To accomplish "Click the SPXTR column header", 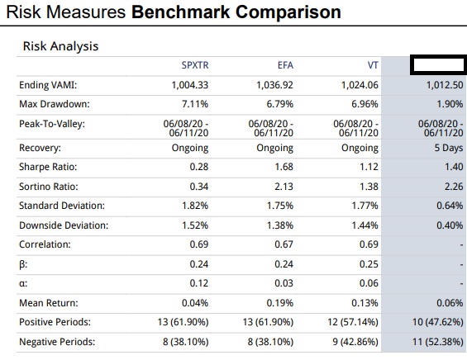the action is (195, 65).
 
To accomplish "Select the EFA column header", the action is (285, 65).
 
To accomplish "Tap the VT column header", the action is (373, 65).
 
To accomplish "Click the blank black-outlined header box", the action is (438, 56).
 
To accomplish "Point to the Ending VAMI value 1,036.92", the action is (275, 85).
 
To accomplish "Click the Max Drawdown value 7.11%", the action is (195, 104).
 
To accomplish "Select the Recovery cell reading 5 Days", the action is (449, 148).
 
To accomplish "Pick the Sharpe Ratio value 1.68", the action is (284, 167).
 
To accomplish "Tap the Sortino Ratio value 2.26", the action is (454, 187).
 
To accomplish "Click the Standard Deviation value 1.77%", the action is (365, 206).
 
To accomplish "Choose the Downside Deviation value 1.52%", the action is (195, 225).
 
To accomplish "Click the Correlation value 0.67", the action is (284, 244).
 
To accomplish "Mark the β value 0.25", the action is (369, 264).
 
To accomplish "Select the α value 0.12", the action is (199, 283).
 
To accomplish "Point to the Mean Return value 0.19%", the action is (280, 303).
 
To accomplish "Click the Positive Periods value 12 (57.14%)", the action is (353, 322).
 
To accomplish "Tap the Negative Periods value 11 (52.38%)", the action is (438, 342).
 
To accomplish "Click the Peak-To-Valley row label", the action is (52, 124).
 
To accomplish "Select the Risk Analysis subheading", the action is (60, 46).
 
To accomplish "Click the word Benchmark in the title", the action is (181, 12).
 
